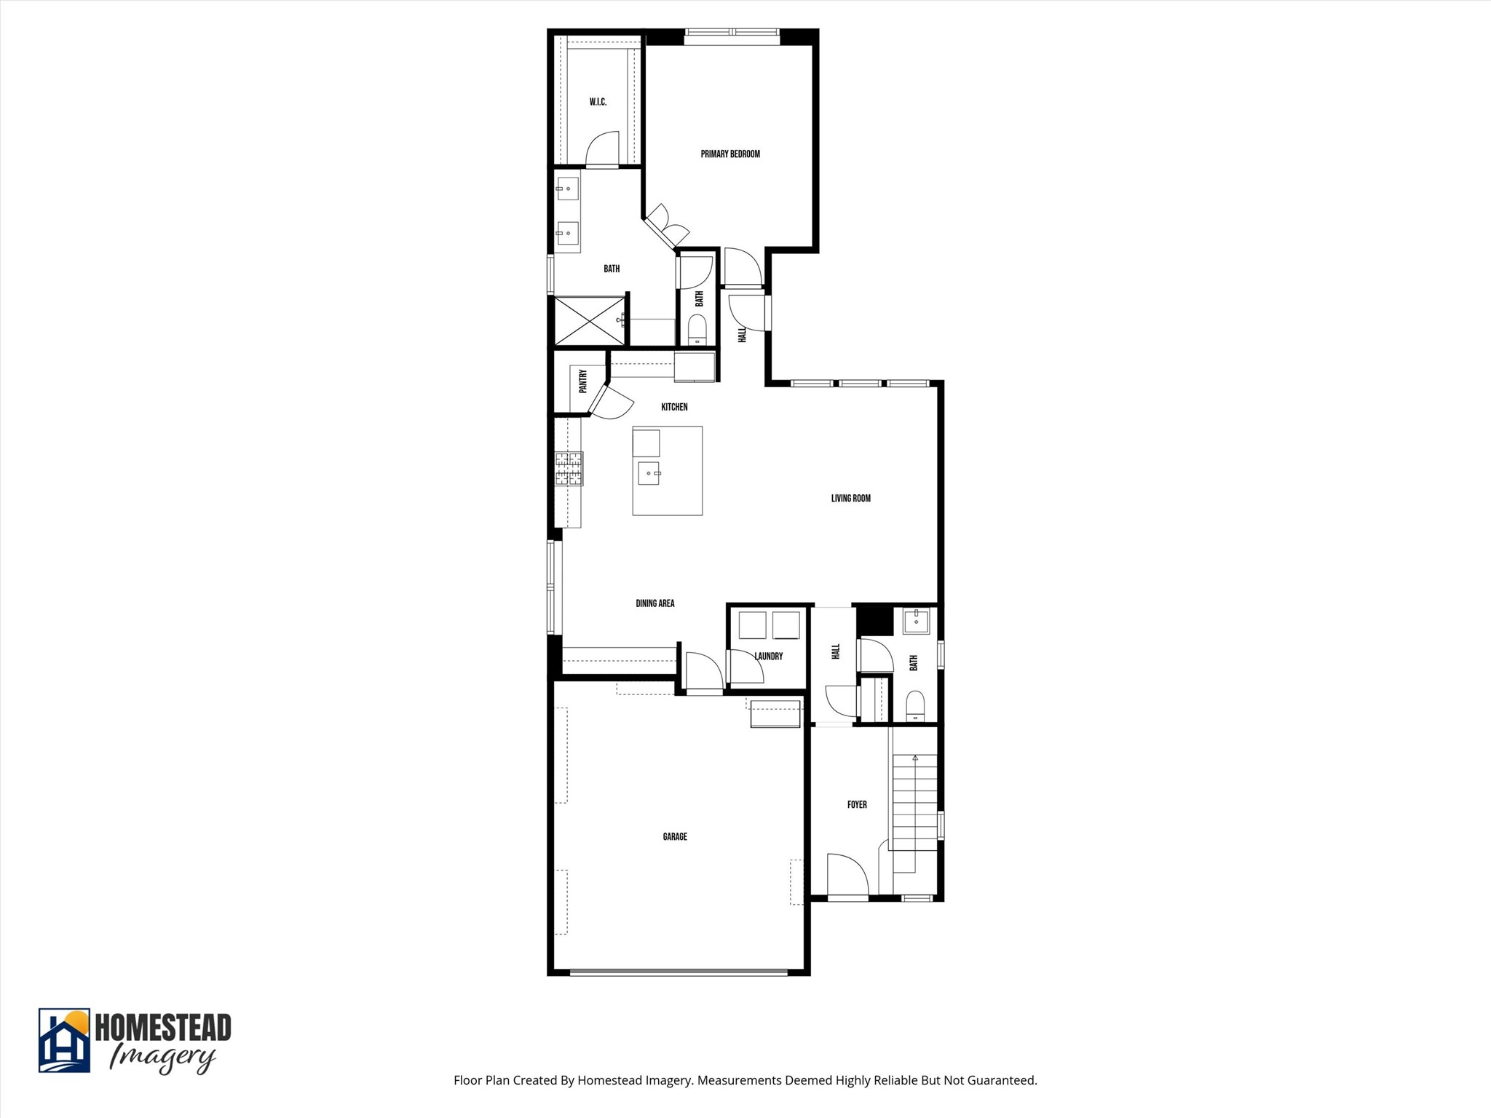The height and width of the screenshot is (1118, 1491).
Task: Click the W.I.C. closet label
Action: (598, 102)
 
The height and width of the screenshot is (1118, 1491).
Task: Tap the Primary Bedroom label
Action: (730, 154)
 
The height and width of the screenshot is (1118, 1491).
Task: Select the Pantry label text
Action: (582, 381)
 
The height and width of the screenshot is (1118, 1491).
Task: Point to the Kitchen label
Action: (674, 407)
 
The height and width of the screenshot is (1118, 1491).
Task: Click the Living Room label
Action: (850, 499)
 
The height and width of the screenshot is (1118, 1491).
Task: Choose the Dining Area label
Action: (654, 603)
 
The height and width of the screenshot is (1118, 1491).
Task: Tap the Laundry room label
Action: (768, 657)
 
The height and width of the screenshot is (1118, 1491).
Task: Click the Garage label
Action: (675, 837)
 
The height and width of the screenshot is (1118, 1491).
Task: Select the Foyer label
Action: (857, 805)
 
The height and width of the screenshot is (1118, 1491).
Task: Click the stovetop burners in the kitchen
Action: (569, 469)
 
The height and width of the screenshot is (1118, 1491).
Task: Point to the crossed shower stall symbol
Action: (589, 320)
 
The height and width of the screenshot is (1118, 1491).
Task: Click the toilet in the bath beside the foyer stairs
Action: (915, 705)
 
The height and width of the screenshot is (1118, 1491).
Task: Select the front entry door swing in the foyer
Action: (847, 875)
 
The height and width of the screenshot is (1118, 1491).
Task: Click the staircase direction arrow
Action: (915, 758)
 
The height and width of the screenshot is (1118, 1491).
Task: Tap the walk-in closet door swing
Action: (603, 149)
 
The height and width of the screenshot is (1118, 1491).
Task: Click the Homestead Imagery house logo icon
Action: (64, 1040)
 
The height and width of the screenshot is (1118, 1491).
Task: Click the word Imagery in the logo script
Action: (162, 1058)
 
